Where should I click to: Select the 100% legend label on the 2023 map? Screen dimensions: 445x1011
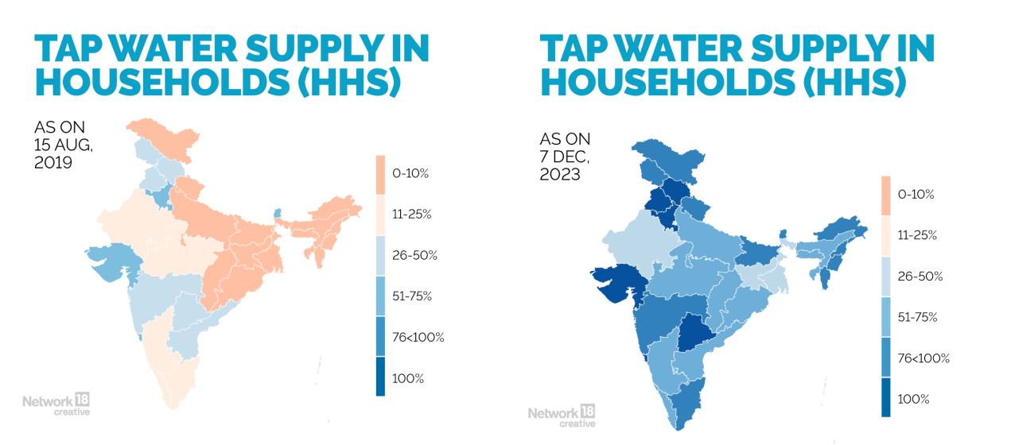913,399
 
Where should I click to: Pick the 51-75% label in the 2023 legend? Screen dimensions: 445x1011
917,317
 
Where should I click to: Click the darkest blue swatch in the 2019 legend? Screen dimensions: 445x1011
381,377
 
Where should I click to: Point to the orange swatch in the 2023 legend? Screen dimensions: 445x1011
886,194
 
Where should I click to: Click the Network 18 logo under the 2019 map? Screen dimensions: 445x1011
56,403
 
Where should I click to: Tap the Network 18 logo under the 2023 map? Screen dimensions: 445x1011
561,415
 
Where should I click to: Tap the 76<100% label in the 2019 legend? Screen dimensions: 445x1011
418,337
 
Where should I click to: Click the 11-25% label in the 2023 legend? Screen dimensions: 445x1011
917,235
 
